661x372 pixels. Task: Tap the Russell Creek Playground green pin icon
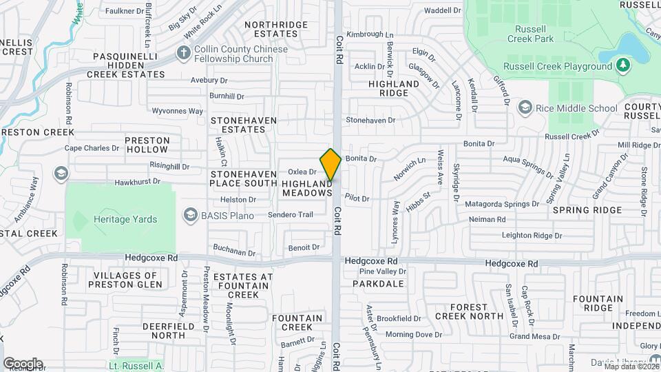click(x=623, y=65)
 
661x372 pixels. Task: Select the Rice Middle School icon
click(x=525, y=107)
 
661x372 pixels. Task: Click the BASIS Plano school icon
click(x=189, y=215)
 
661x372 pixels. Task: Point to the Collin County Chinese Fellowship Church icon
click(x=183, y=52)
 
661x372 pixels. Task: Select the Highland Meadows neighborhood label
click(x=307, y=189)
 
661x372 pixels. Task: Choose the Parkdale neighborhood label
click(x=378, y=283)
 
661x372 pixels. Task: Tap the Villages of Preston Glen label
click(x=125, y=280)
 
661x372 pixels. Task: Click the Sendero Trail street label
click(x=291, y=215)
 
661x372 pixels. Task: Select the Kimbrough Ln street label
click(x=369, y=34)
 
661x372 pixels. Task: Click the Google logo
click(x=23, y=363)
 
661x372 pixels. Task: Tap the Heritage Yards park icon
click(x=81, y=220)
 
